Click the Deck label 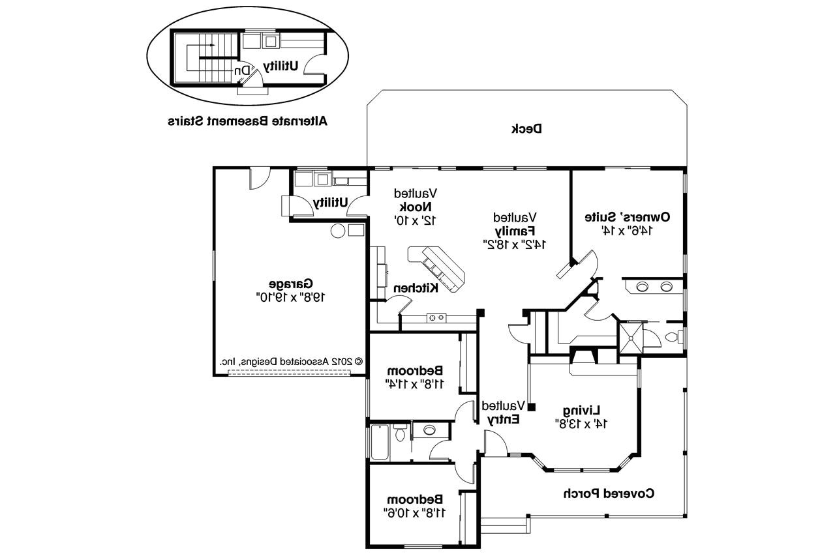(526, 129)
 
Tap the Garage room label (290, 284)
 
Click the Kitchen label (414, 288)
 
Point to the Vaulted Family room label (515, 231)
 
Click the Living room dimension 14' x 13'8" (581, 423)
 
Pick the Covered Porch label (609, 493)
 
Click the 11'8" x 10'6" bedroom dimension (416, 512)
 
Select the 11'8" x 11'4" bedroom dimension (416, 384)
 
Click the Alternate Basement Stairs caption (247, 121)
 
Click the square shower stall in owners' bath (630, 336)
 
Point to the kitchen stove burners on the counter (436, 318)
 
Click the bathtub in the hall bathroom (379, 442)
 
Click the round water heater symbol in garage (338, 230)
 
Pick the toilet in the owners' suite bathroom (675, 337)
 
